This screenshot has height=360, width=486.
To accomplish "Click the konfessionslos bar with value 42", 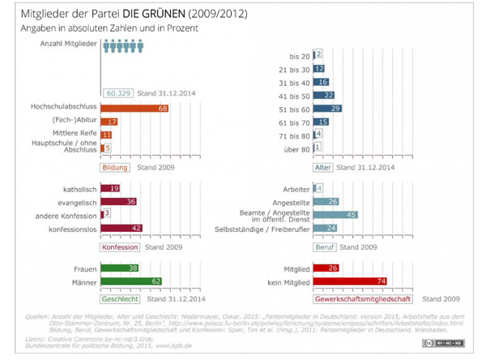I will (x=122, y=229).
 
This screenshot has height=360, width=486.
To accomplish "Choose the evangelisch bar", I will (x=118, y=202).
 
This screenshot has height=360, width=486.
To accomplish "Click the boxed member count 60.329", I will (x=118, y=93).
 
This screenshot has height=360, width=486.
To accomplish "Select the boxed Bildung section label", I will (x=115, y=168).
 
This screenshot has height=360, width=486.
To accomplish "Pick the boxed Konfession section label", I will (x=120, y=246).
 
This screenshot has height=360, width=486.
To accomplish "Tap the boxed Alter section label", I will (x=322, y=168).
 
